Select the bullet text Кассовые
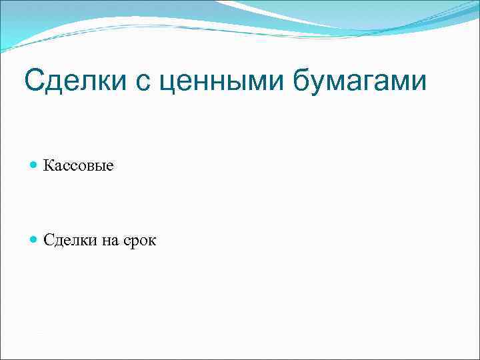coord(78,165)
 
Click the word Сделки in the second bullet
coord(70,241)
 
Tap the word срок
coord(139,241)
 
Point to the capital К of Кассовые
coord(49,165)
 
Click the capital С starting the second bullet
coord(48,240)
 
